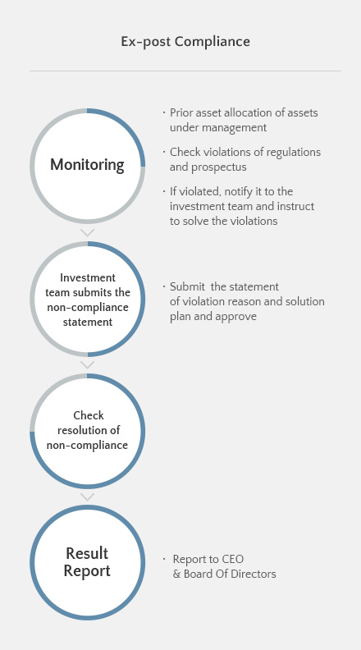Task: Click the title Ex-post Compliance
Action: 185,41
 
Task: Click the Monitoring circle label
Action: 87,165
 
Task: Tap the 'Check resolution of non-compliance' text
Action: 87,430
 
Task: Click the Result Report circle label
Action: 87,561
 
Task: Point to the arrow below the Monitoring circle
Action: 87,232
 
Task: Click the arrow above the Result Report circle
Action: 87,497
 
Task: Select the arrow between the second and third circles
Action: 87,364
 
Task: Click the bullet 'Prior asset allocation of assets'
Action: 243,112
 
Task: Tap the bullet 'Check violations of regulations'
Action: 244,152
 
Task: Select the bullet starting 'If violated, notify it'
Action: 231,191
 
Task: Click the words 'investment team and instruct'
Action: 242,206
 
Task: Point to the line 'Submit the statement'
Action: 224,286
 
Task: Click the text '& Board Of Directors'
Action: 224,574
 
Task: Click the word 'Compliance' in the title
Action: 217,41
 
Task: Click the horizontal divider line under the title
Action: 185,71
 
